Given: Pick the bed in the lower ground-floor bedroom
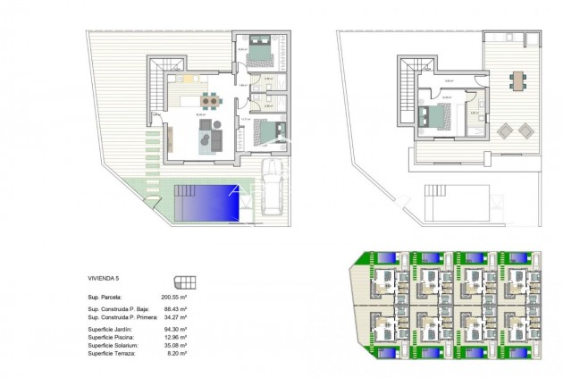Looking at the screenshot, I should (x=264, y=131).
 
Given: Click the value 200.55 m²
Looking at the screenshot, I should (x=175, y=295).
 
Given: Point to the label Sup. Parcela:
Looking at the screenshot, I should (x=105, y=295).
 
